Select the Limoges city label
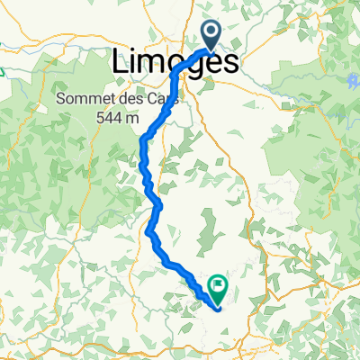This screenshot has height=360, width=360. tap(176, 63)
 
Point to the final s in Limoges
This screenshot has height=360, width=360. tap(231, 63)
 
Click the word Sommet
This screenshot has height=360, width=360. tap(82, 98)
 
